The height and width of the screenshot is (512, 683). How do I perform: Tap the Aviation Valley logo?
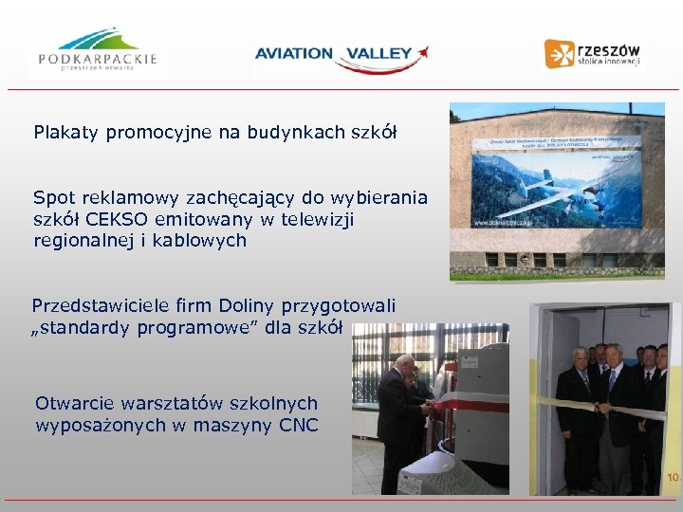click(341, 55)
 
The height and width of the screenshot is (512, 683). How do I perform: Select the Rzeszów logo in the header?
click(594, 53)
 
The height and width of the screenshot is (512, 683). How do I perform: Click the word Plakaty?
click(66, 132)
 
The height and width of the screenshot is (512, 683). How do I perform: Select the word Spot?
click(54, 198)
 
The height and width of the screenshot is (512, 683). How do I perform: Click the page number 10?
click(673, 477)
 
